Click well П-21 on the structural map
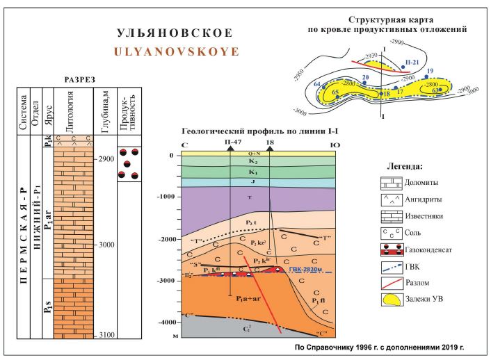point(412,62)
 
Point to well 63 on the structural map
point(435,90)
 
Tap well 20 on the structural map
point(365,78)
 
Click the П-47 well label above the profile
point(233,141)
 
